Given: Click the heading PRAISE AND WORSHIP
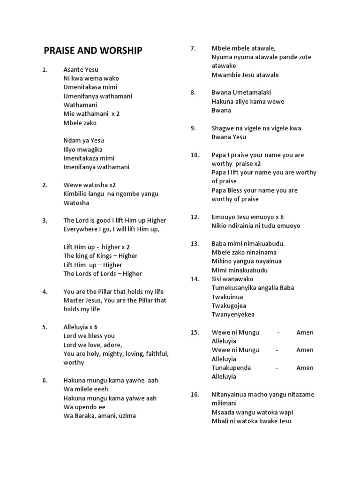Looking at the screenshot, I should tap(93, 51).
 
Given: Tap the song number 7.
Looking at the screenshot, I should tap(193, 48).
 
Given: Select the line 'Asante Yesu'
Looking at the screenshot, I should tap(81, 69).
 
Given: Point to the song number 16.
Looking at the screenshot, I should tap(195, 394).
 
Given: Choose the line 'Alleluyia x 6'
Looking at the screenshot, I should tap(80, 327).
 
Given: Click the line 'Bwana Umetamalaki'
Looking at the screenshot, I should tap(241, 92).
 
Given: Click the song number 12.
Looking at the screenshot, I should tap(195, 217).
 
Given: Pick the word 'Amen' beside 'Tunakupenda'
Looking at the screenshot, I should tap(305, 367).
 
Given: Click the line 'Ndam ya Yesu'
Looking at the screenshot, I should tap(83, 140).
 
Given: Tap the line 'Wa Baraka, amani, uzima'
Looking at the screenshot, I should tap(99, 416).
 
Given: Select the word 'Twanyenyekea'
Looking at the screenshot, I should tap(233, 315).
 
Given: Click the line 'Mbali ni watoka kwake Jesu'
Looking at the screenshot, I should tap(251, 421).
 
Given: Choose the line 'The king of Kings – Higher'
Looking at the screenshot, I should tap(100, 256).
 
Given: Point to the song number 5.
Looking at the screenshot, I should tap(45, 327).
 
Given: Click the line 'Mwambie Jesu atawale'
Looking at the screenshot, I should tap(245, 75).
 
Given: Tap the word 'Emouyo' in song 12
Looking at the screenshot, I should tap(223, 217).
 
